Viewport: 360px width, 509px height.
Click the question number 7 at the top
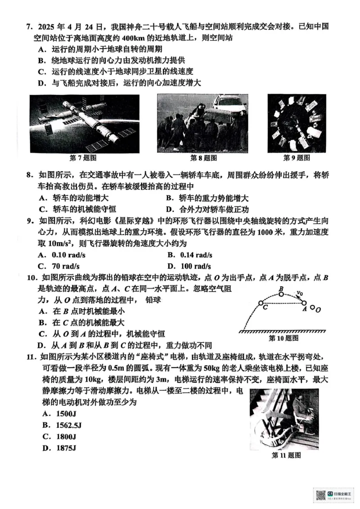click(x=28, y=26)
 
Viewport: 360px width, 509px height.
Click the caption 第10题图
click(x=283, y=338)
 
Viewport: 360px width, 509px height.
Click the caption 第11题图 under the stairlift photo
click(x=286, y=455)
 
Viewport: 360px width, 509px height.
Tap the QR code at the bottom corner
click(x=321, y=495)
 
